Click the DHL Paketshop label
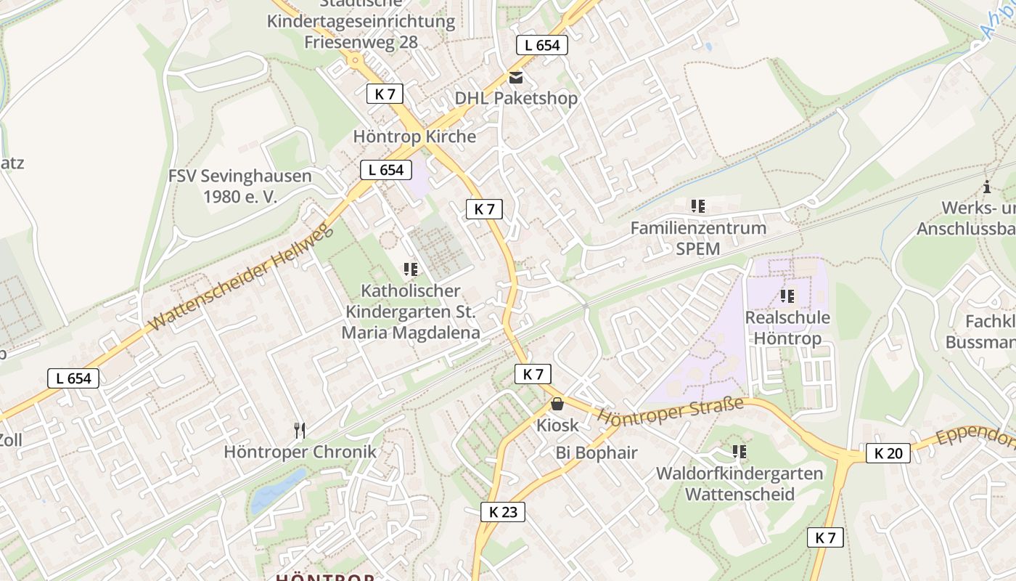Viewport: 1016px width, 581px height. [x=516, y=98]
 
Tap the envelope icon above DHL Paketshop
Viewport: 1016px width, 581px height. [x=515, y=78]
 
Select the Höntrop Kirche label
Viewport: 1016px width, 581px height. [x=414, y=137]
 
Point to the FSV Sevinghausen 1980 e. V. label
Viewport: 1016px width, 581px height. [x=239, y=186]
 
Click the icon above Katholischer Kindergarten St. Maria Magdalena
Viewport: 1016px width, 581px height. [x=411, y=269]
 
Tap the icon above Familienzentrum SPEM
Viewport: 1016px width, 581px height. [x=698, y=206]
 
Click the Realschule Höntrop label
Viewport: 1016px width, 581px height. [x=787, y=328]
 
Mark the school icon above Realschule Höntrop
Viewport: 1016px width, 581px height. [x=787, y=296]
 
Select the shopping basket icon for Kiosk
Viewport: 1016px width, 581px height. [x=557, y=404]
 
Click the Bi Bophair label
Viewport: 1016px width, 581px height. [x=597, y=453]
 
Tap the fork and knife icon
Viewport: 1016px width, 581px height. [x=300, y=431]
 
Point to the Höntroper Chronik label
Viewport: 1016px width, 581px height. [x=300, y=452]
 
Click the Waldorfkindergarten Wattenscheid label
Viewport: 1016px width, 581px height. [x=740, y=484]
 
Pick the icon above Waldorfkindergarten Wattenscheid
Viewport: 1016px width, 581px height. [x=740, y=452]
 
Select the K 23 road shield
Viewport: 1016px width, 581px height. [x=503, y=512]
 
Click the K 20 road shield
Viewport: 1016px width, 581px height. [x=888, y=454]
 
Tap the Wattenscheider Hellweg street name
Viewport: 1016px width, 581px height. [x=240, y=278]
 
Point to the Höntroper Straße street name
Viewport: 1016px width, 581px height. [x=671, y=410]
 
